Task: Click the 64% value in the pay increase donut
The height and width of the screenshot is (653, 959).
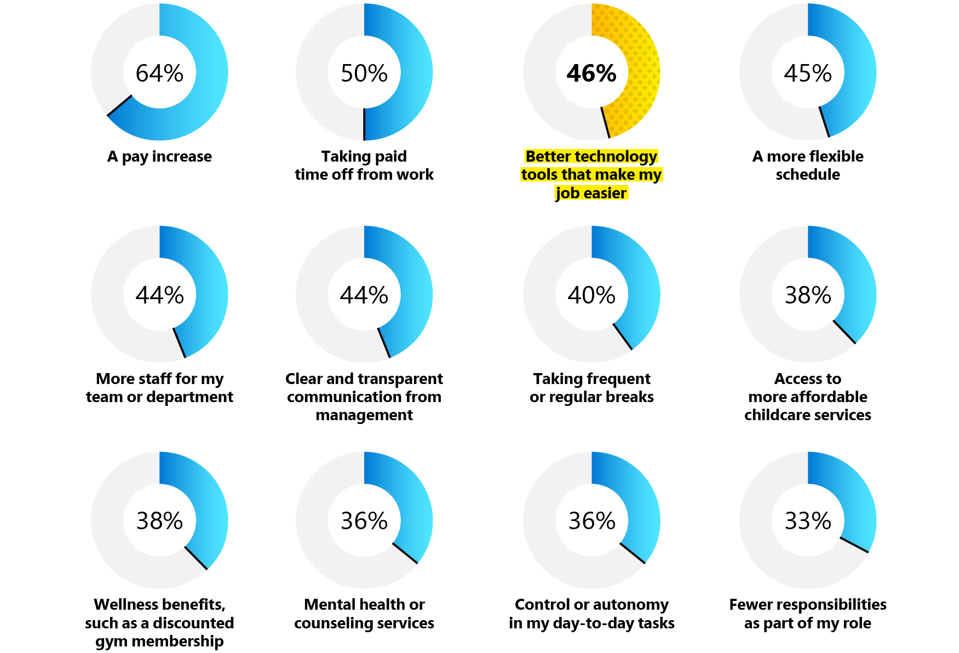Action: coord(159,73)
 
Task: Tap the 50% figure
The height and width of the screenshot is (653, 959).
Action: coord(364,73)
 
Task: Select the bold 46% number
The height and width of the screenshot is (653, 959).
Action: coord(592,73)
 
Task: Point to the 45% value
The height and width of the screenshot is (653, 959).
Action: coord(808,73)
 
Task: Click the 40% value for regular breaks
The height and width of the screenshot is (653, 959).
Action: coord(592,295)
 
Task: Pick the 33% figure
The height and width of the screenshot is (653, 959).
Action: coord(808,521)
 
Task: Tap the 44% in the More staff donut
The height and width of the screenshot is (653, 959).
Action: coord(159,295)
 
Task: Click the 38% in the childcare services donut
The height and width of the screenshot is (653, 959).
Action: coord(808,295)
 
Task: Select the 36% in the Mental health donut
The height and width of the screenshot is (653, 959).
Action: coord(364,521)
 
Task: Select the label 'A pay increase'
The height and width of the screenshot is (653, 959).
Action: coord(159,157)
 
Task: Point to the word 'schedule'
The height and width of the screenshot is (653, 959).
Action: coord(808,175)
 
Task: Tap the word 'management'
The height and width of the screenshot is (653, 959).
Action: coord(364,415)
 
